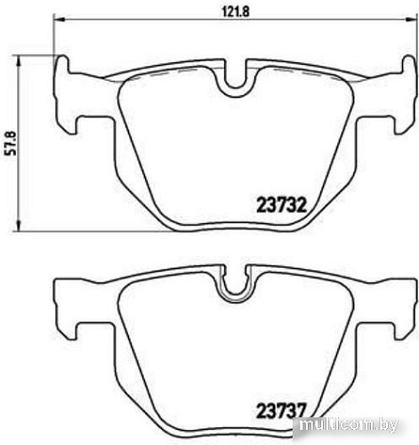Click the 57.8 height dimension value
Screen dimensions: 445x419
click(10, 141)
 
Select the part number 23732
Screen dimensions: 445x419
click(282, 204)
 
